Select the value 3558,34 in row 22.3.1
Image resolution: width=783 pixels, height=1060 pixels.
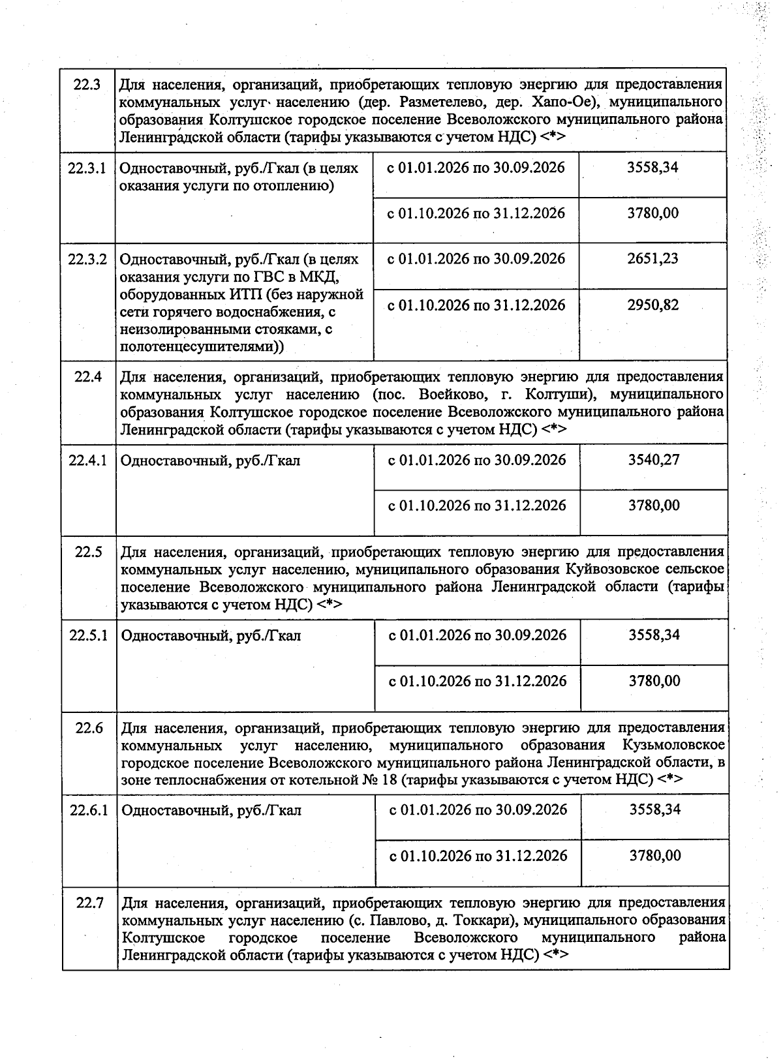point(652,167)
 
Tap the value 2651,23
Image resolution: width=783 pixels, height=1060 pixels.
point(652,258)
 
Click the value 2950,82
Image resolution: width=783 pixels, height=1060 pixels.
point(652,305)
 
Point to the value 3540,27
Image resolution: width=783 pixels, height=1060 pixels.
point(654,460)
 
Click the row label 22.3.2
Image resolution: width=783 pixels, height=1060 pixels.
point(87,258)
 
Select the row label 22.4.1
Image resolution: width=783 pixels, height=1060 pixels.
point(88,460)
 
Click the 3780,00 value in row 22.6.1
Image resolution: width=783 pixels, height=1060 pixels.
point(655,856)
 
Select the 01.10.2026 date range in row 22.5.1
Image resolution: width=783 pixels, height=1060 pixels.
point(478,681)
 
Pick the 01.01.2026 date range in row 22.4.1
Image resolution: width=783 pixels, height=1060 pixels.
point(477,460)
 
